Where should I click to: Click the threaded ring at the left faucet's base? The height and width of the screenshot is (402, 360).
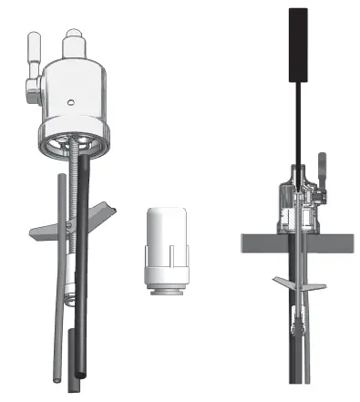point(73,143)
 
